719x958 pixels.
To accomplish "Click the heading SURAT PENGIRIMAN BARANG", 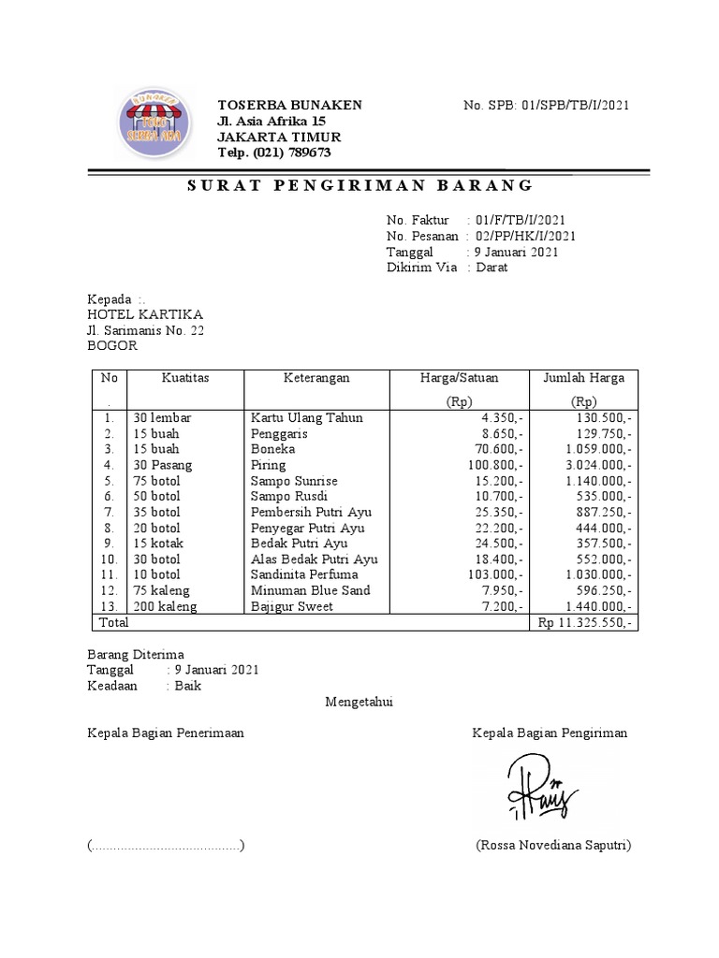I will [x=359, y=184].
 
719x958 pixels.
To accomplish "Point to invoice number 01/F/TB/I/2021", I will [x=520, y=220].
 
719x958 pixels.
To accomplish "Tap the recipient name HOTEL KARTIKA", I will [x=145, y=314].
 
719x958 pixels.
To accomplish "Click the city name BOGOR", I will [x=112, y=345].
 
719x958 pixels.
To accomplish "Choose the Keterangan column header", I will [x=316, y=378].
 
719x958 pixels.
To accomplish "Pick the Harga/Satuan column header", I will [x=459, y=378].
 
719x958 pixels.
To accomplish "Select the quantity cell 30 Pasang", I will [x=162, y=465].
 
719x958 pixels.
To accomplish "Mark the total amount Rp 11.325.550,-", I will [x=585, y=622].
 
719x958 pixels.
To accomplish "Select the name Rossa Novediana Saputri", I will [x=553, y=846].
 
